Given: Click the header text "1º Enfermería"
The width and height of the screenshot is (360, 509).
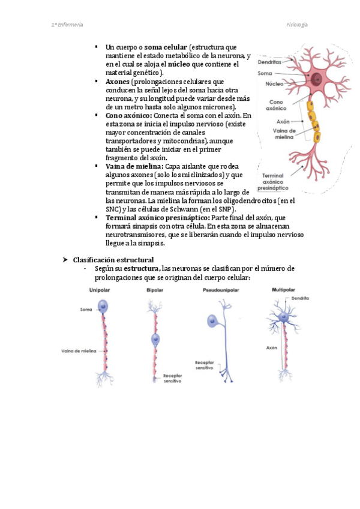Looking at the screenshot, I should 67,25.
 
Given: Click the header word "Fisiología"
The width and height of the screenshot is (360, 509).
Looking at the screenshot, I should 297,25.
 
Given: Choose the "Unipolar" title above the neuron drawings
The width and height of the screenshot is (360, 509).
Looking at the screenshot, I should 100,290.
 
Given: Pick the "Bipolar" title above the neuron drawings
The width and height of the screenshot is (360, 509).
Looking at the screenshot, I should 155,290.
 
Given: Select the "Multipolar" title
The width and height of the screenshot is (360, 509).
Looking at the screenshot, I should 283,290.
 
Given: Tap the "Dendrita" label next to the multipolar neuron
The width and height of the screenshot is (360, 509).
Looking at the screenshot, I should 301,298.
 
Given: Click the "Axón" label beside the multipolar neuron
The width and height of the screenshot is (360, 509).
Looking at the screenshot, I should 271,348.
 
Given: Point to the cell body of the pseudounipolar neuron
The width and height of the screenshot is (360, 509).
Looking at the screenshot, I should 213,321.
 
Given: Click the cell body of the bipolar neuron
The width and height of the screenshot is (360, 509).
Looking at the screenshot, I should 156,340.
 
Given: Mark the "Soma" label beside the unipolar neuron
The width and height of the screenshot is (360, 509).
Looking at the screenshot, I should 85,310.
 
